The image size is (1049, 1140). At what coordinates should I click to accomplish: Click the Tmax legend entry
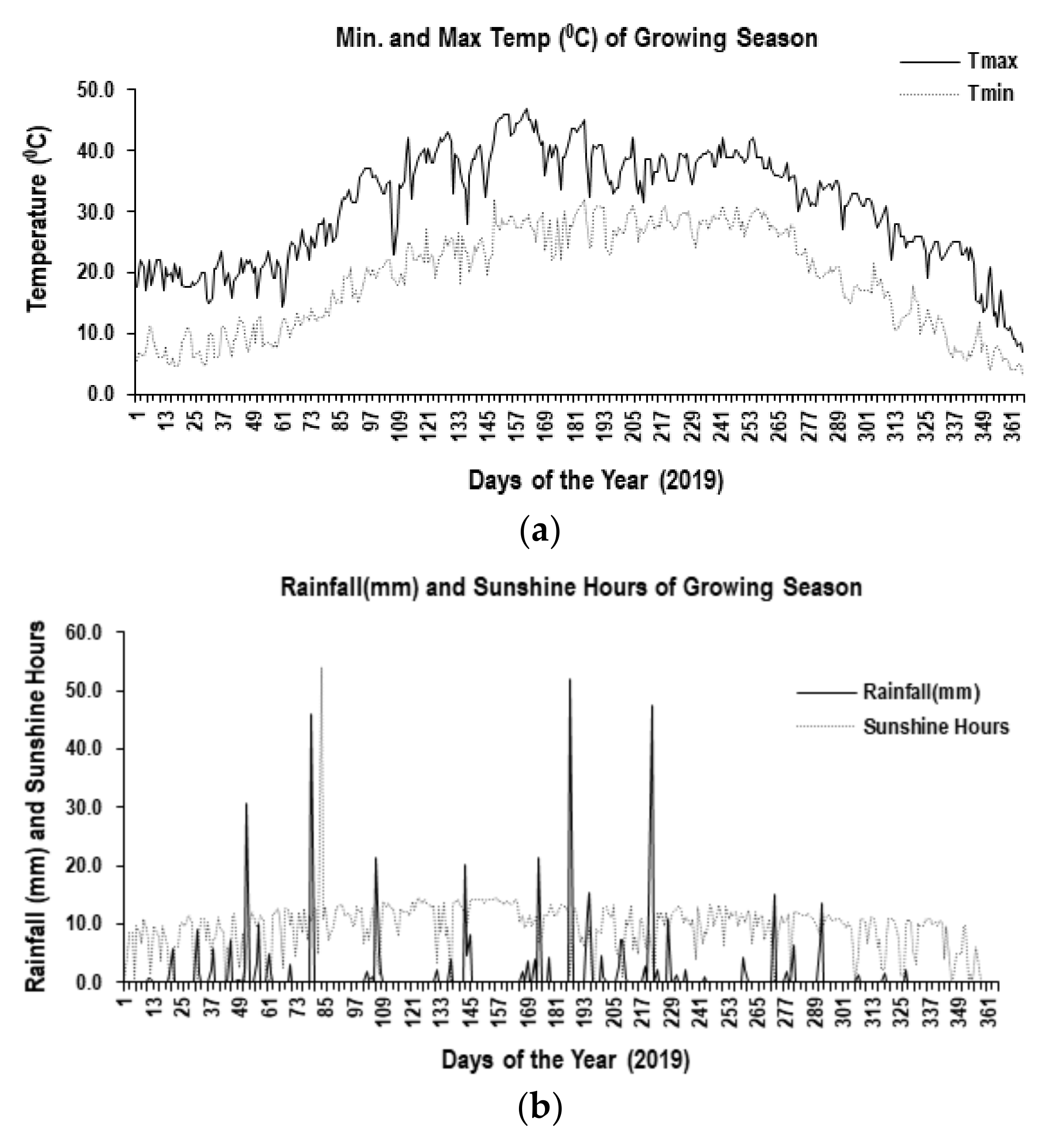[x=991, y=61]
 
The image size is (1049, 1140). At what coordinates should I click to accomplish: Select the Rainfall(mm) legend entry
[x=921, y=692]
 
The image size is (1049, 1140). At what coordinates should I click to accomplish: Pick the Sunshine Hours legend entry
[x=936, y=727]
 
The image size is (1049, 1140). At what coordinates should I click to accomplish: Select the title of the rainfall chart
[x=571, y=587]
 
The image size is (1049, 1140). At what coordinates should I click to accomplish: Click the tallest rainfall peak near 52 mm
[x=569, y=679]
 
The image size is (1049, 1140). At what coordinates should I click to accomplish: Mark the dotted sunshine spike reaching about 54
[x=321, y=668]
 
